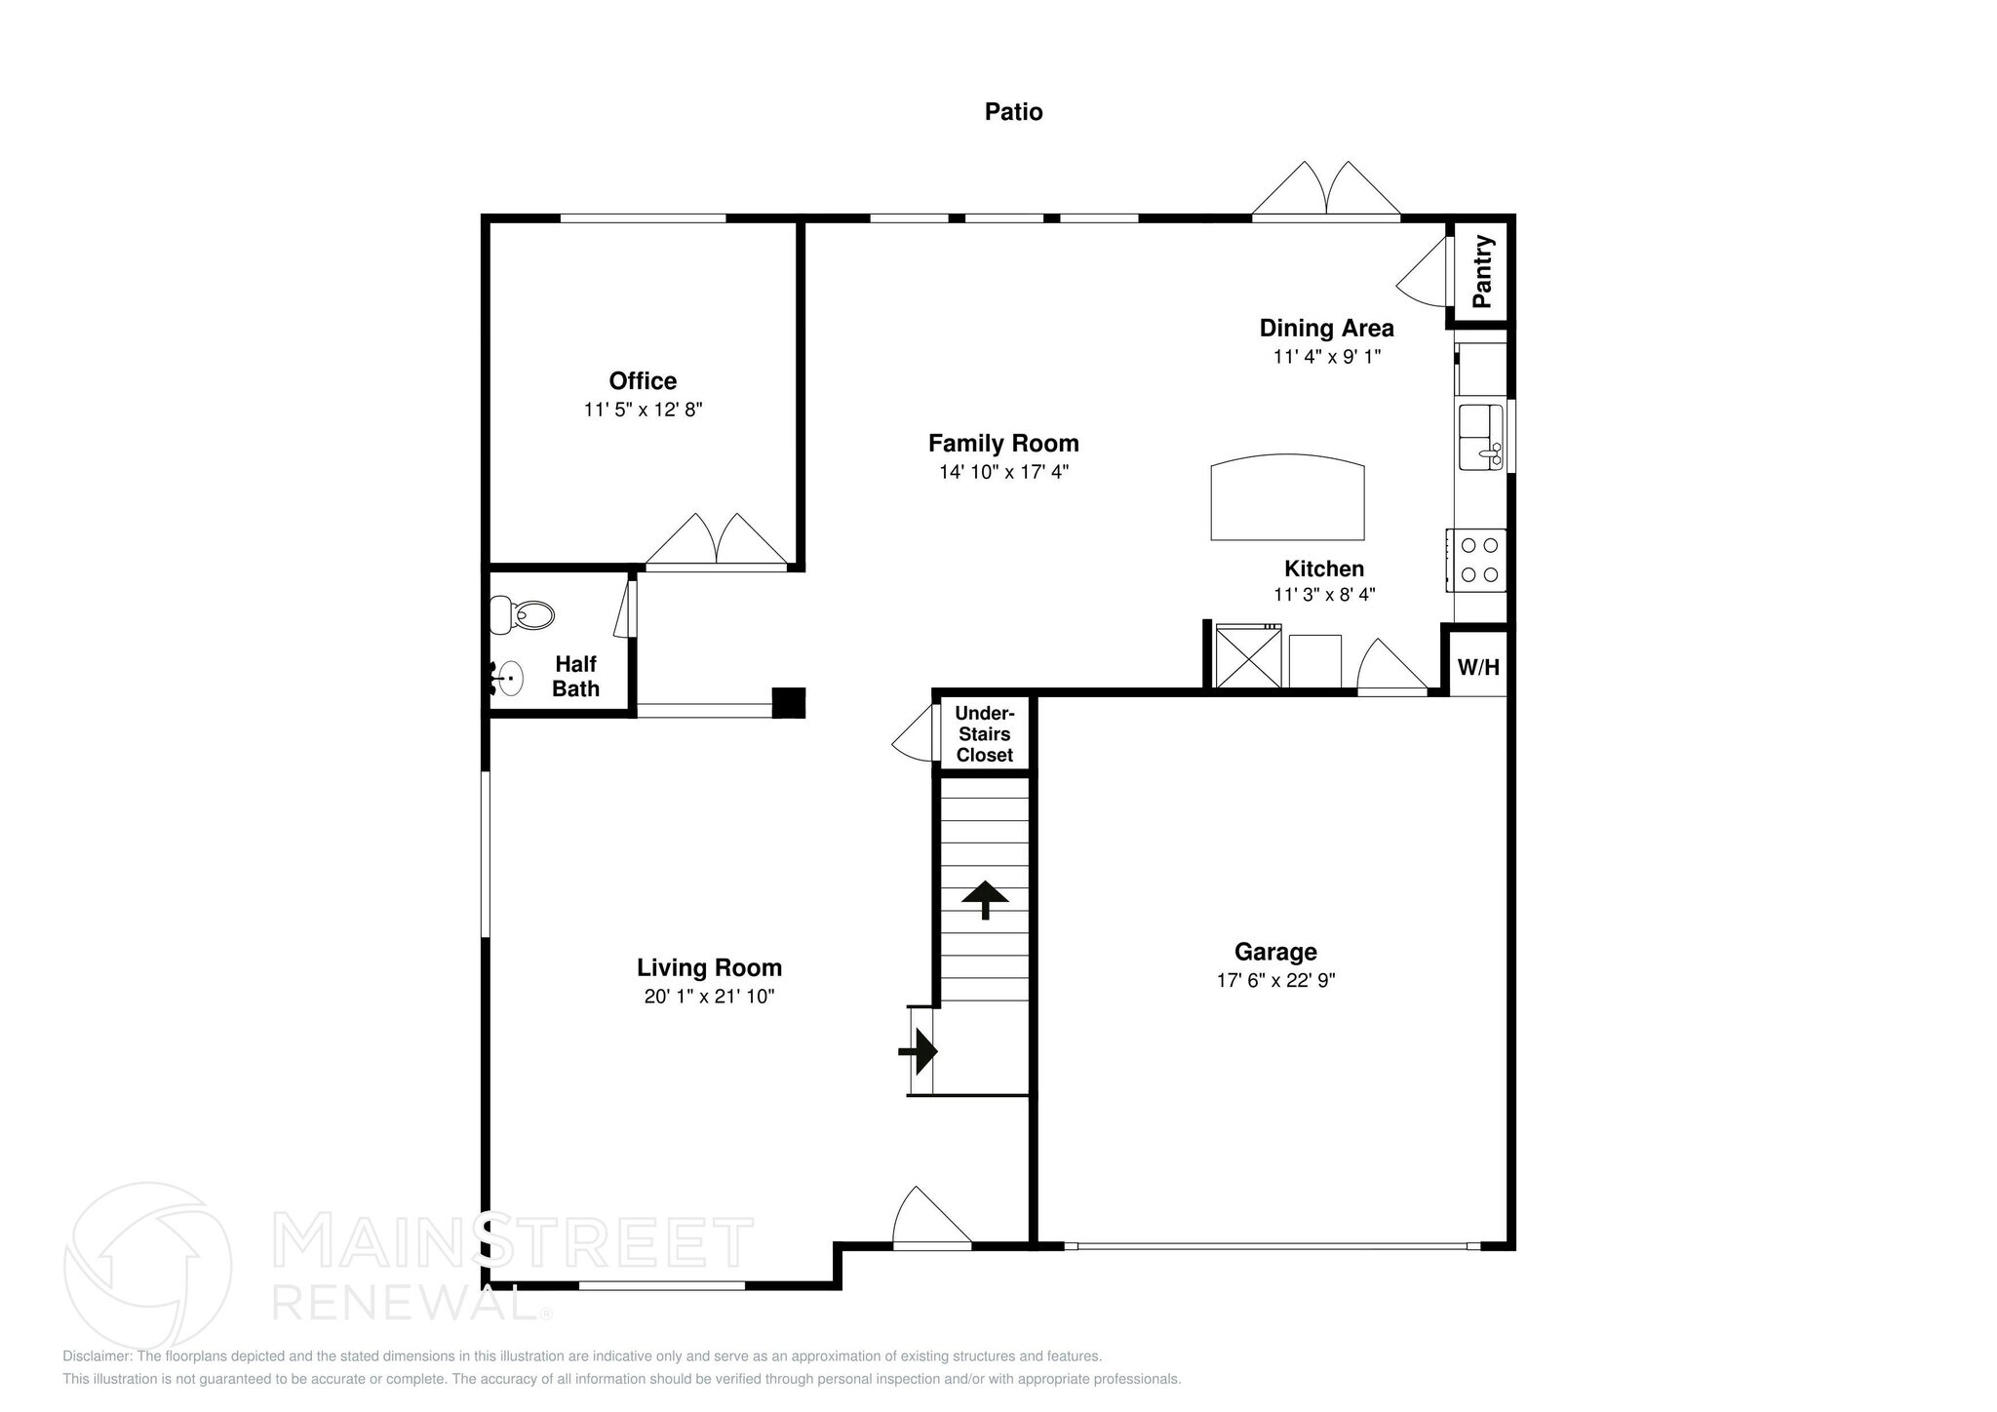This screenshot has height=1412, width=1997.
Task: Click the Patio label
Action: coord(1013,112)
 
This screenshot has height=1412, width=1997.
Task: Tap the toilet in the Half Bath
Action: coord(525,615)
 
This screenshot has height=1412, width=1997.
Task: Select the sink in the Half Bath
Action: coord(507,677)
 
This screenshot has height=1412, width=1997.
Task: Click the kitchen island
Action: coord(1287,498)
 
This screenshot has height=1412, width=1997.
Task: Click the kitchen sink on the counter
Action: coord(1480,437)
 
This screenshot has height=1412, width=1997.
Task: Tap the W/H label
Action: coord(1478,668)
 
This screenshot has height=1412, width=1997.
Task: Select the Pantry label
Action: coord(1482,271)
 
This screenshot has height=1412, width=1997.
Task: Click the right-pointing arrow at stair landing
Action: coord(919,1051)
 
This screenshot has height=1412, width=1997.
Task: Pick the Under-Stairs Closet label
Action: coord(984,734)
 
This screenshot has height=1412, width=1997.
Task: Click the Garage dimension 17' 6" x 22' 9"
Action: coord(1275,981)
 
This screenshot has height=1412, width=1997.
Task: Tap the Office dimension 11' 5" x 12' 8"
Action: coord(643,410)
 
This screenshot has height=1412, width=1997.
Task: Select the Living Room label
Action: coord(709,967)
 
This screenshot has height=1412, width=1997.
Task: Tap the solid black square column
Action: coord(788,703)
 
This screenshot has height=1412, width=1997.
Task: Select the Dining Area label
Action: coord(1326,328)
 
